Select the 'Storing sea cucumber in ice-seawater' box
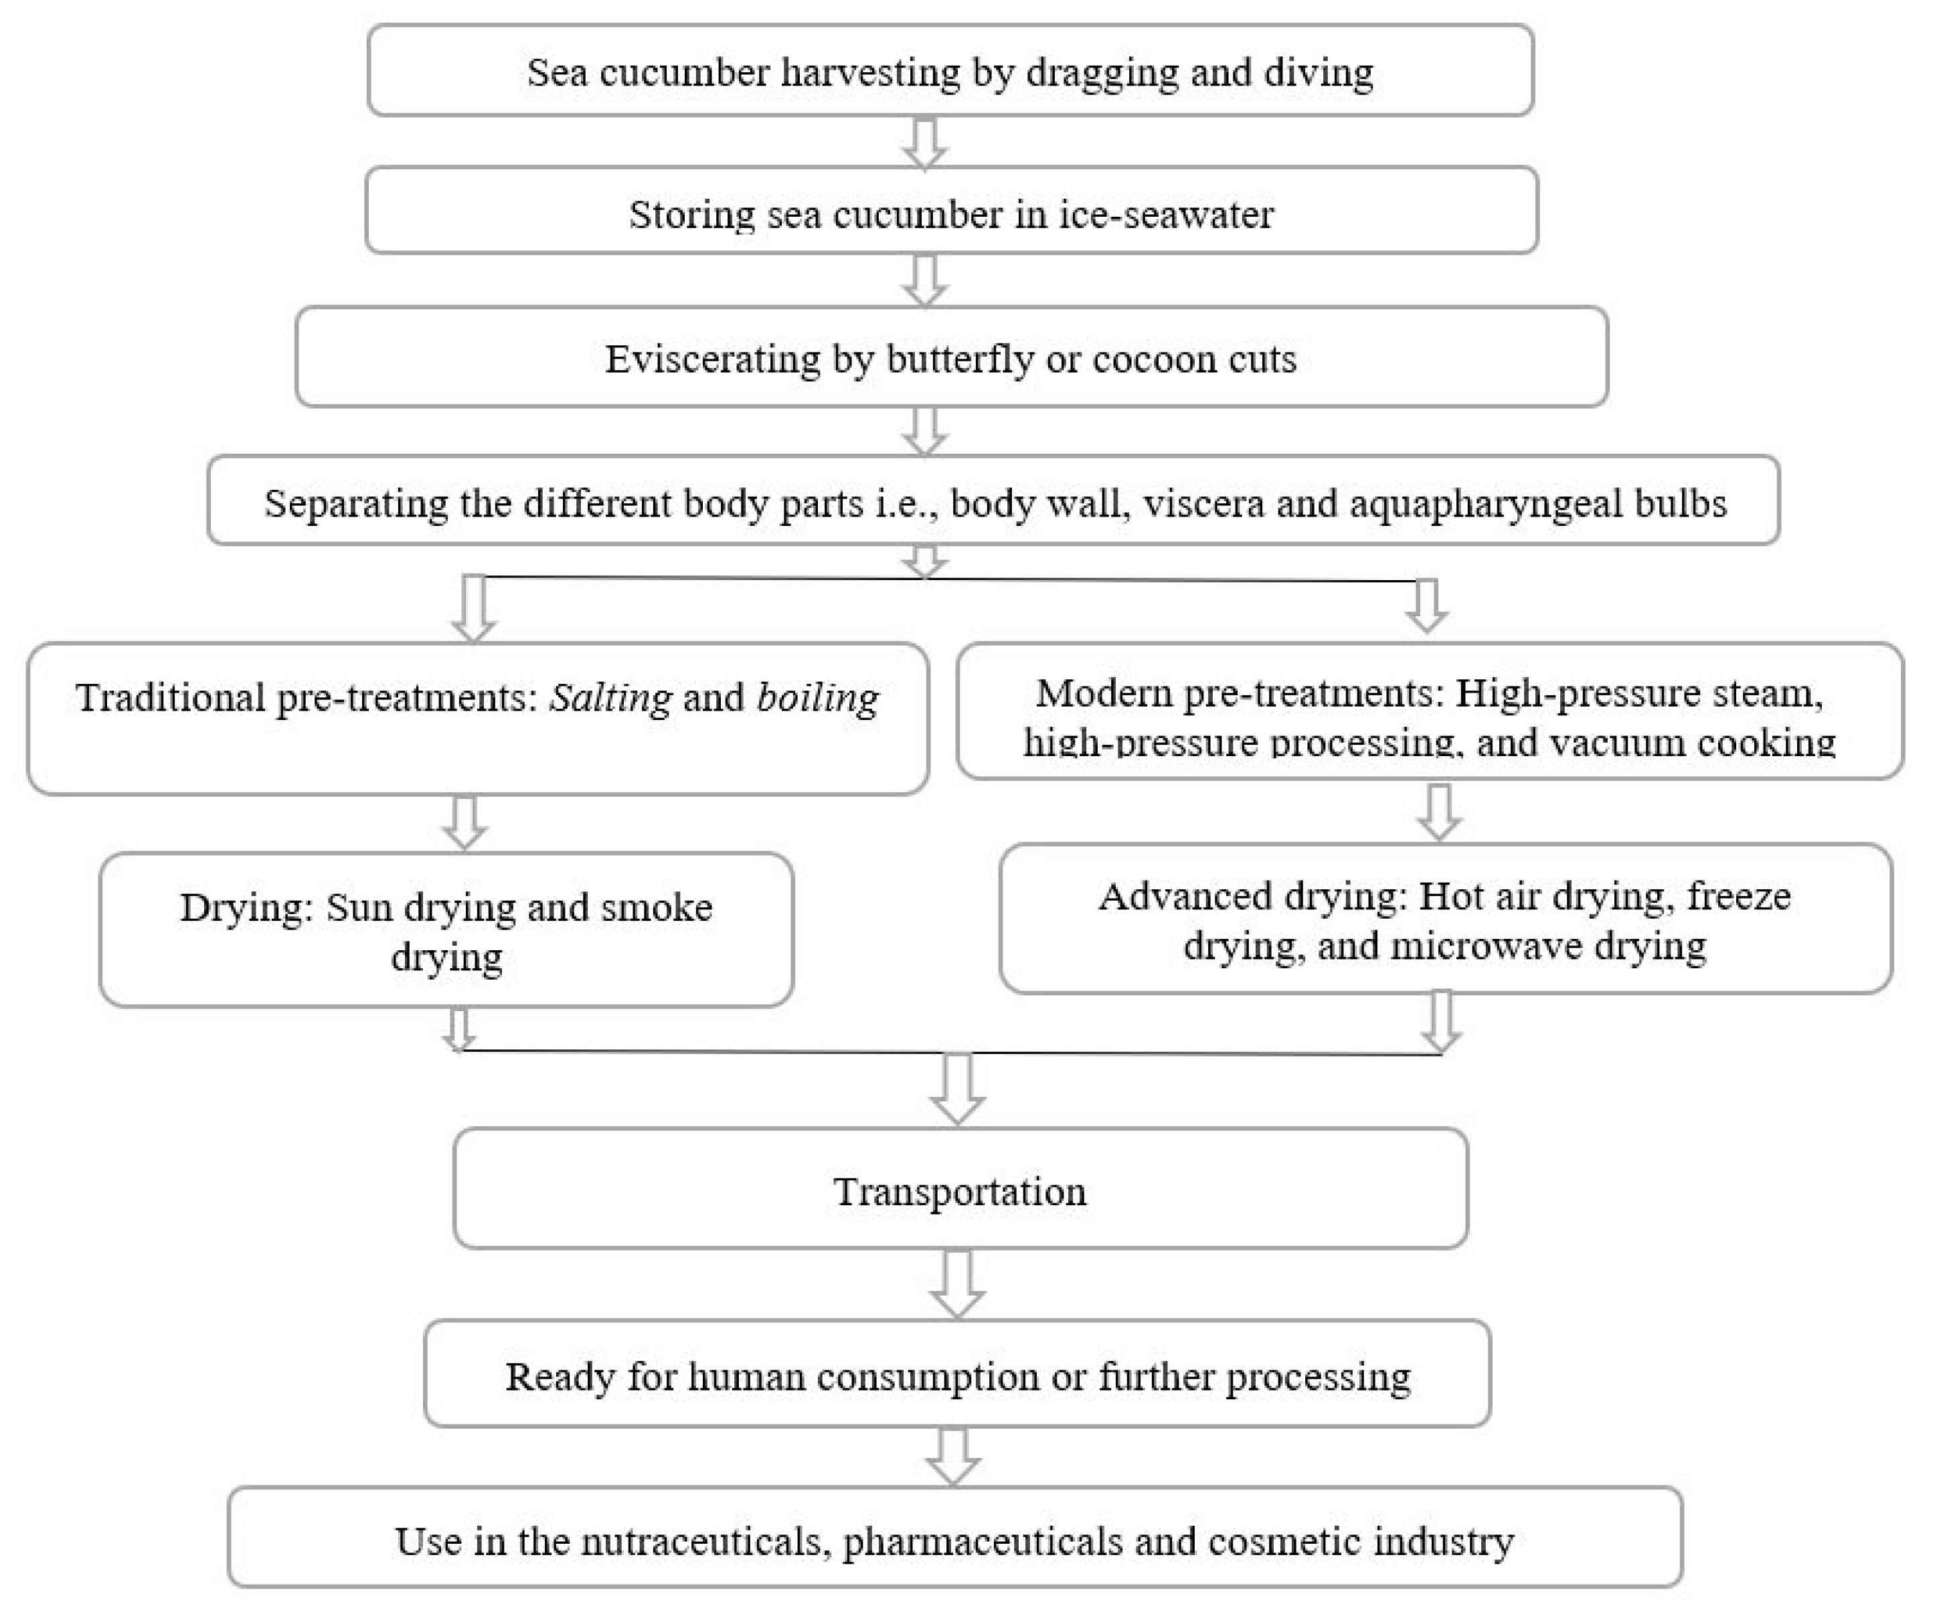(951, 213)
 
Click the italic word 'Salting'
(610, 698)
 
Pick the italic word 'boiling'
(817, 698)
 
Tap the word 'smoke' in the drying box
(656, 907)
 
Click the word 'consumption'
(928, 1377)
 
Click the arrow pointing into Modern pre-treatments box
(1426, 606)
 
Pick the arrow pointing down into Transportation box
(956, 1089)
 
